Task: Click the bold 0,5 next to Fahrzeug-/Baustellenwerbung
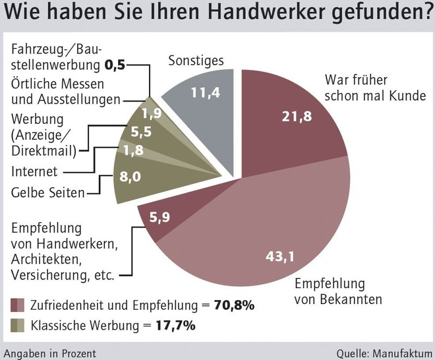114,65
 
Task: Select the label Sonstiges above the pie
196,61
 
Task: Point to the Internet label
34,172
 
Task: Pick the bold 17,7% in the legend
176,325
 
